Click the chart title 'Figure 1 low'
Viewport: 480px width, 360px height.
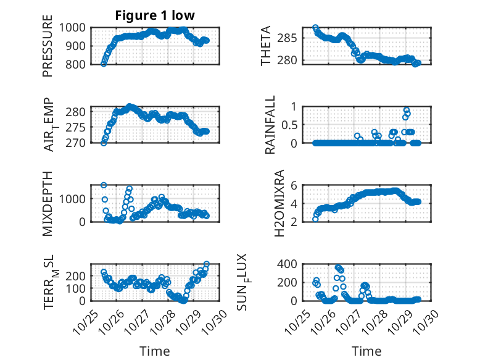[x=155, y=16]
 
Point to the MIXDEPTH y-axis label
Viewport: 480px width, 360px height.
[x=48, y=203]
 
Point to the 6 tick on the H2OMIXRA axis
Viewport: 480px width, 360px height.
[x=296, y=185]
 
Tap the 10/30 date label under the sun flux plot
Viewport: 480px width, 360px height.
[x=426, y=320]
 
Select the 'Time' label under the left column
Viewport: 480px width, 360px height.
[x=155, y=351]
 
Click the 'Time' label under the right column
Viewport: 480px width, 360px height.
[x=366, y=351]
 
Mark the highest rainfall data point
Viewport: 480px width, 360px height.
[x=407, y=111]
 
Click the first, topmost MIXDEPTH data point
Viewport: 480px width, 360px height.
[x=104, y=185]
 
